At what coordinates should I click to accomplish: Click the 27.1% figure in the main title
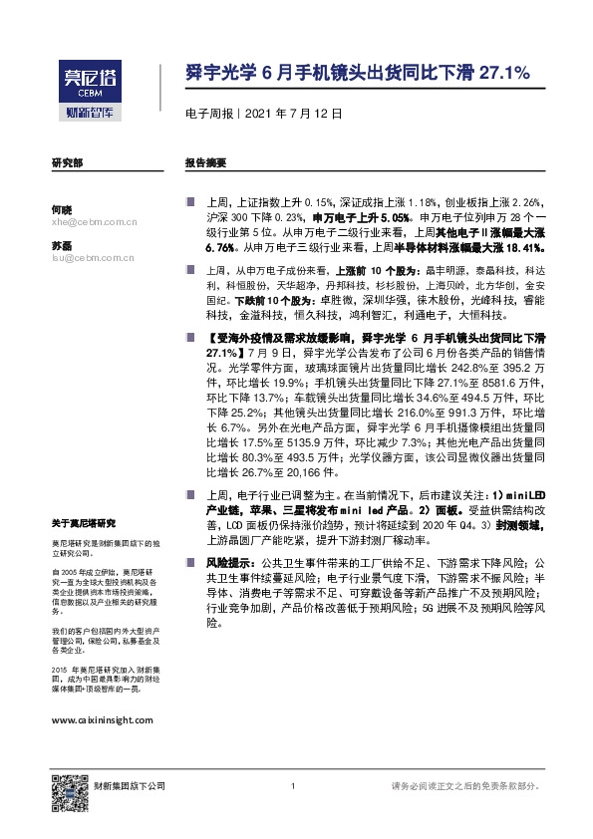point(505,73)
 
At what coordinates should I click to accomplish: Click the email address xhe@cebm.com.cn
point(93,224)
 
